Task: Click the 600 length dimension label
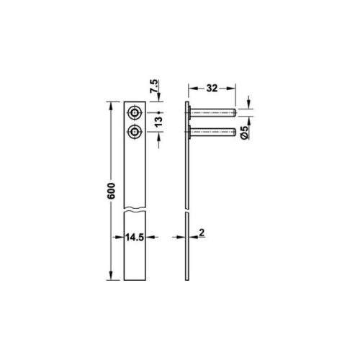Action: click(111, 191)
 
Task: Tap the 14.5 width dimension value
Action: click(135, 238)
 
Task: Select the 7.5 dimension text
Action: click(154, 86)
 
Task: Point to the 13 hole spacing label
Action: click(158, 122)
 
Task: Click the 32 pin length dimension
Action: click(212, 89)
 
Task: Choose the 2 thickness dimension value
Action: click(202, 233)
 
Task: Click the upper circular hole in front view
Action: click(135, 112)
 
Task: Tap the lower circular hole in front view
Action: click(135, 132)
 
